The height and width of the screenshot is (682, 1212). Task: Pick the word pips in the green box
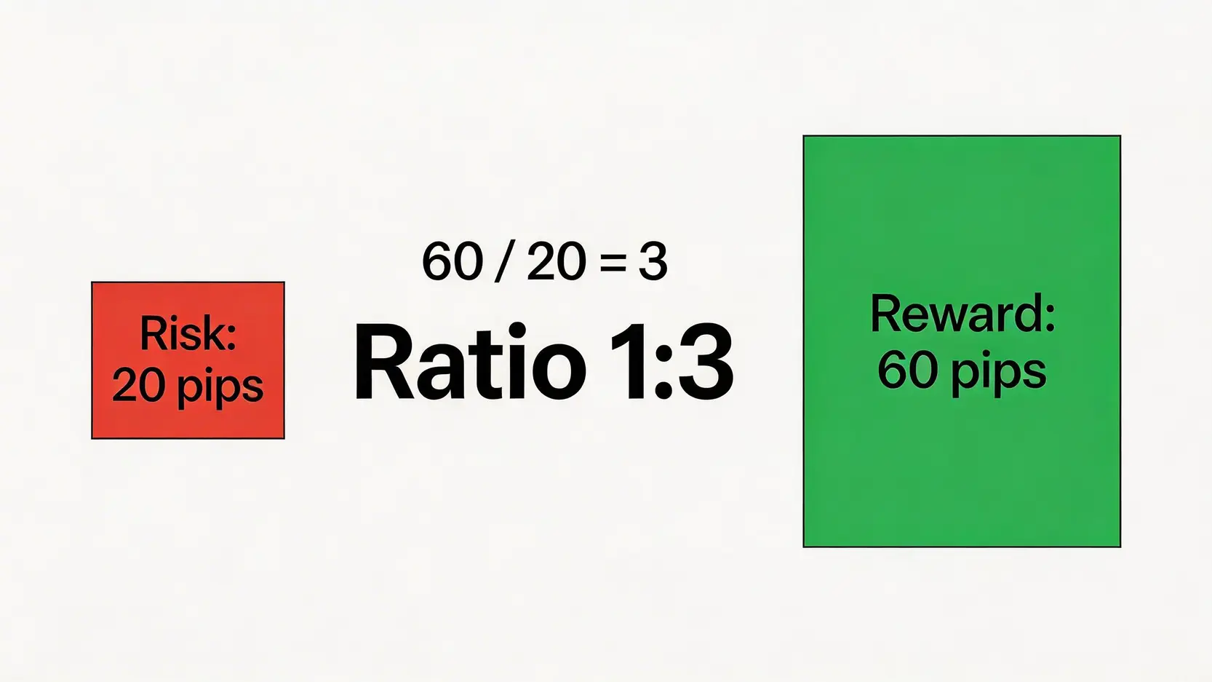click(x=999, y=375)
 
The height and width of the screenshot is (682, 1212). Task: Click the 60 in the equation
click(x=452, y=262)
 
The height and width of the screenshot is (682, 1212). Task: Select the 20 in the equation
click(x=556, y=262)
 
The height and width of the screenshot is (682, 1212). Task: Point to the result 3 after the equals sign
click(x=653, y=262)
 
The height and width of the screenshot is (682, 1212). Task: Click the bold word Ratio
click(x=470, y=360)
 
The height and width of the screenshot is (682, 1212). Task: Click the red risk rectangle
click(x=188, y=360)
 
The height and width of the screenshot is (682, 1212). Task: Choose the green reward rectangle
click(x=962, y=341)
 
